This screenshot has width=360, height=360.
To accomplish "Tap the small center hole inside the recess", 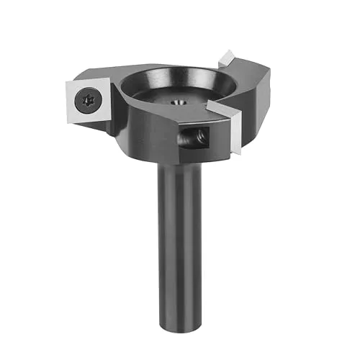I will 176,104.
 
